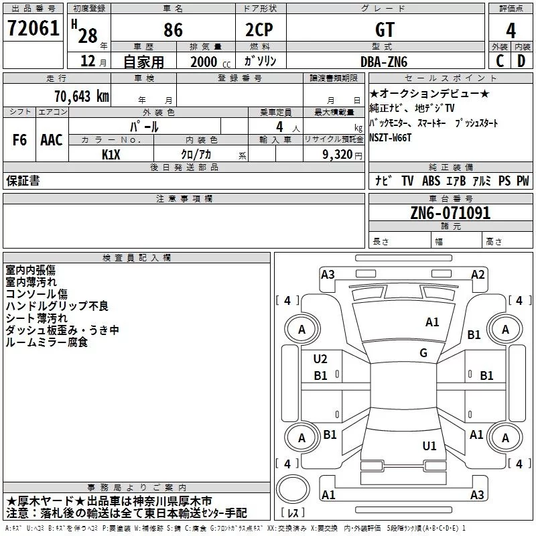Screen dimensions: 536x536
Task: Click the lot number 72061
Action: (33, 28)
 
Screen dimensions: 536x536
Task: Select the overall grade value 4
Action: (511, 30)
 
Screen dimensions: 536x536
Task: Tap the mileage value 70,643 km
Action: (82, 96)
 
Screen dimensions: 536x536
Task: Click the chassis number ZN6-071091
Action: (450, 212)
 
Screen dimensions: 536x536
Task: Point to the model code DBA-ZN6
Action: (384, 62)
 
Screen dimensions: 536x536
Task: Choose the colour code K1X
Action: (111, 155)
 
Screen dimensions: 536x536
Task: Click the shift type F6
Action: (19, 140)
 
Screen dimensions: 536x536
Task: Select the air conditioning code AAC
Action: (52, 140)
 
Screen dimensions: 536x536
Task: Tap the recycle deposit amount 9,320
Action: (338, 155)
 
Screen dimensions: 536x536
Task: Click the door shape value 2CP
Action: (259, 29)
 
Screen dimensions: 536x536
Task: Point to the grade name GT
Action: (385, 29)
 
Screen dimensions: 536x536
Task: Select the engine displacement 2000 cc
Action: (210, 62)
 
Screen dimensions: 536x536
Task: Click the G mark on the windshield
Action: (423, 352)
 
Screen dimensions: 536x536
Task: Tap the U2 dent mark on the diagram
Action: (320, 359)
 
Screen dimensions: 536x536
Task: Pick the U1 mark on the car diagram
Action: (429, 446)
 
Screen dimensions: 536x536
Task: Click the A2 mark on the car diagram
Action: (478, 275)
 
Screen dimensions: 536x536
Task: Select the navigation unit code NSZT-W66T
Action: (390, 138)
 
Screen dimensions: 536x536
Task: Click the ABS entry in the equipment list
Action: (431, 180)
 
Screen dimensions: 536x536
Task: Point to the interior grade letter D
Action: (521, 61)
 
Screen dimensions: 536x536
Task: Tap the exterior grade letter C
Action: (500, 61)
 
